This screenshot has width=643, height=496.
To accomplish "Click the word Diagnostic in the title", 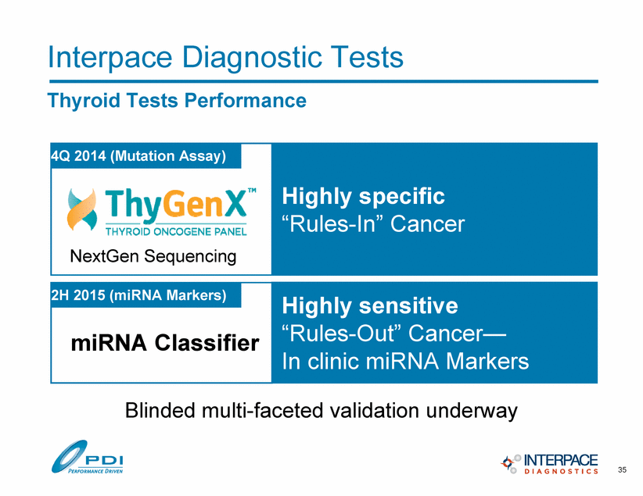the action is [x=251, y=57].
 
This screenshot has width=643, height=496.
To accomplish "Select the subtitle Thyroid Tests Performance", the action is [x=177, y=101].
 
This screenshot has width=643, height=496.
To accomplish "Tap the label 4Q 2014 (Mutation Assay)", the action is [x=138, y=156].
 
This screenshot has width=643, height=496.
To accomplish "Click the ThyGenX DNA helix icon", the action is [x=82, y=209].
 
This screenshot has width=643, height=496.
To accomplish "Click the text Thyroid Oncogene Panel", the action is [x=176, y=232].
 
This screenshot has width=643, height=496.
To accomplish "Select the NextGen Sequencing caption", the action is [x=153, y=257].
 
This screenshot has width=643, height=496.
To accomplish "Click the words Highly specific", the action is [x=363, y=197].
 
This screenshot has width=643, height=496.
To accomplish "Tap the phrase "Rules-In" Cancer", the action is [x=373, y=223].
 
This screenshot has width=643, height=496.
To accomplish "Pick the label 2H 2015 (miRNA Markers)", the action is [x=138, y=295].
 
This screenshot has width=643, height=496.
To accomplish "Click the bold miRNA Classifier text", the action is [x=165, y=342].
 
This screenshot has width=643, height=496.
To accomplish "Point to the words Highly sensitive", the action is [x=370, y=306].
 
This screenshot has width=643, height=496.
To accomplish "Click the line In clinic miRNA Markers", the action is [x=405, y=361].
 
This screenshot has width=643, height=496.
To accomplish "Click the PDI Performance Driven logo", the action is [x=87, y=457].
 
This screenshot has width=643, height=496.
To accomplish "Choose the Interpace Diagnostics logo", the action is [x=549, y=464].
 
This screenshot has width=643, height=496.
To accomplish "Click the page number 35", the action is [x=622, y=469].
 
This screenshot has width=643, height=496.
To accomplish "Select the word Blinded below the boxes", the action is [x=160, y=410].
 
